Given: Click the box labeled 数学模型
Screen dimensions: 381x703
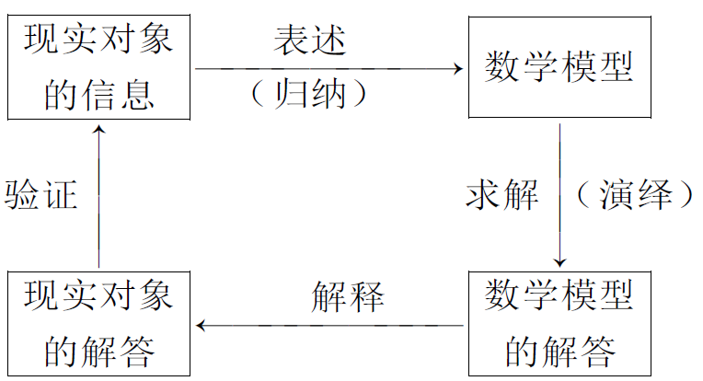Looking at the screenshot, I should (x=559, y=67).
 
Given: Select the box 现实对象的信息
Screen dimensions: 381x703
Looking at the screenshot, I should (x=98, y=67).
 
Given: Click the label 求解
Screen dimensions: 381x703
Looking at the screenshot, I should (x=501, y=195).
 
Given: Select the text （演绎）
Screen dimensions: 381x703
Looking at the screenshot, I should (x=634, y=195).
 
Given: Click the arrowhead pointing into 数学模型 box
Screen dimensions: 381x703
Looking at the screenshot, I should (x=455, y=68).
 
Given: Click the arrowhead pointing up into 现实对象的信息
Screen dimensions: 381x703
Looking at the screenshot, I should (x=99, y=131).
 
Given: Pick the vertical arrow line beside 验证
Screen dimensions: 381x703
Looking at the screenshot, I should (x=99, y=202).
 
